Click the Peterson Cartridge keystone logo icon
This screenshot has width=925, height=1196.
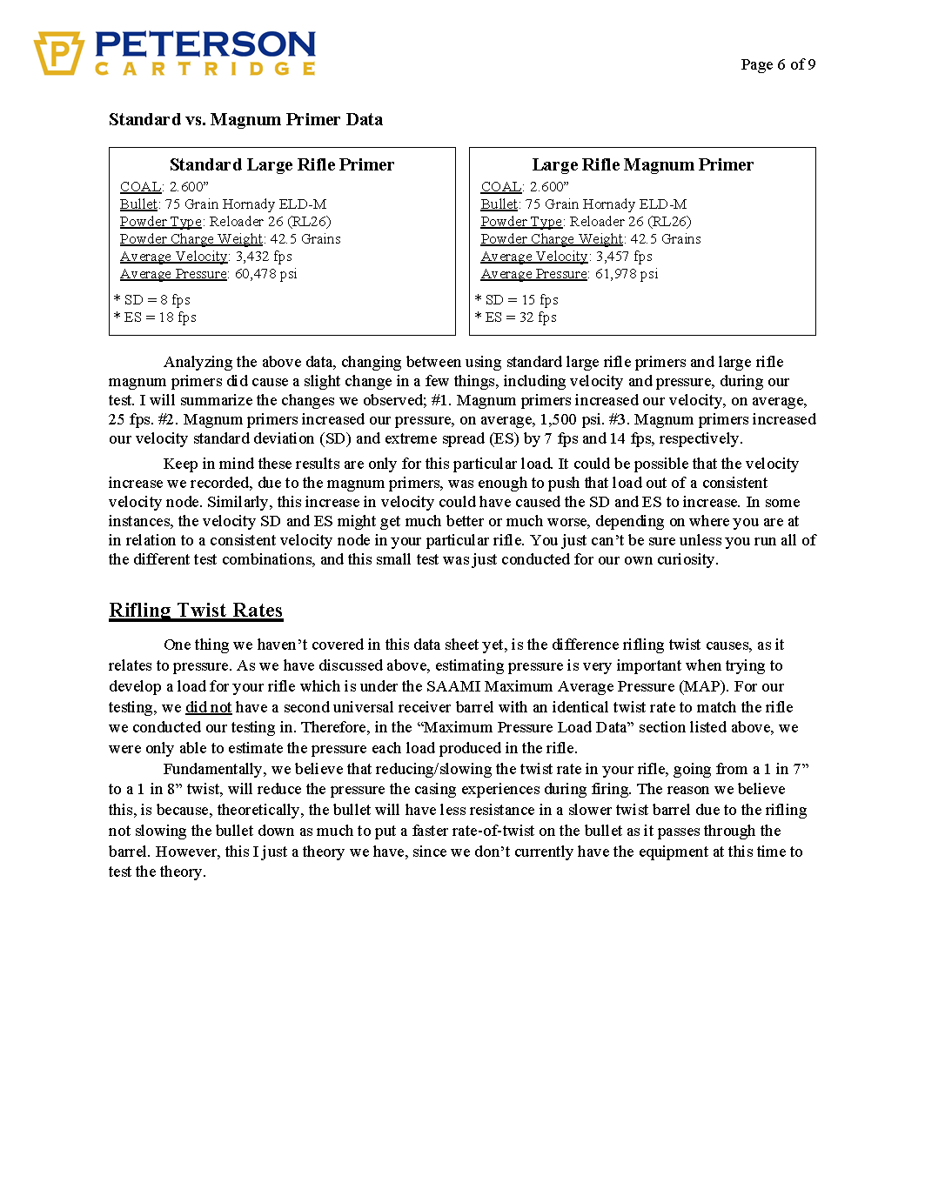pos(58,53)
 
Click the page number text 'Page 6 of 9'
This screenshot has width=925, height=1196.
pos(778,64)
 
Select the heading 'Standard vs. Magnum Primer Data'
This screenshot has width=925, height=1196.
pos(245,120)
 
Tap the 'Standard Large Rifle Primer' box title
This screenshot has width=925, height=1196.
pos(281,165)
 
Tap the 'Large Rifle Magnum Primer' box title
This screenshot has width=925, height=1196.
pos(642,165)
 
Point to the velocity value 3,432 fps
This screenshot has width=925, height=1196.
pos(264,257)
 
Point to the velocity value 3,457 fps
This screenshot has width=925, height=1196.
pos(624,257)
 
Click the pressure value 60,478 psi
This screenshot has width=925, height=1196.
pos(266,274)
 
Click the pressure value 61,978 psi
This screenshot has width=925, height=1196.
pos(627,274)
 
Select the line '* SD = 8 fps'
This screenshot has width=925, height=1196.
pos(152,300)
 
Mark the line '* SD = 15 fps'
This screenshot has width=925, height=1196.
pos(517,300)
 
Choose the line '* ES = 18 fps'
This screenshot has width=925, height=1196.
pos(155,317)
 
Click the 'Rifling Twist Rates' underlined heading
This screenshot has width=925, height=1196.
pos(196,611)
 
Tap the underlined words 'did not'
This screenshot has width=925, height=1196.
pos(209,707)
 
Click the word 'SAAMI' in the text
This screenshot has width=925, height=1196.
pos(453,686)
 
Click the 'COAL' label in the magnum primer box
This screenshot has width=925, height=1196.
pos(501,187)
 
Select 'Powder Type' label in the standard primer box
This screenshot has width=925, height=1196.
pos(161,222)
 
